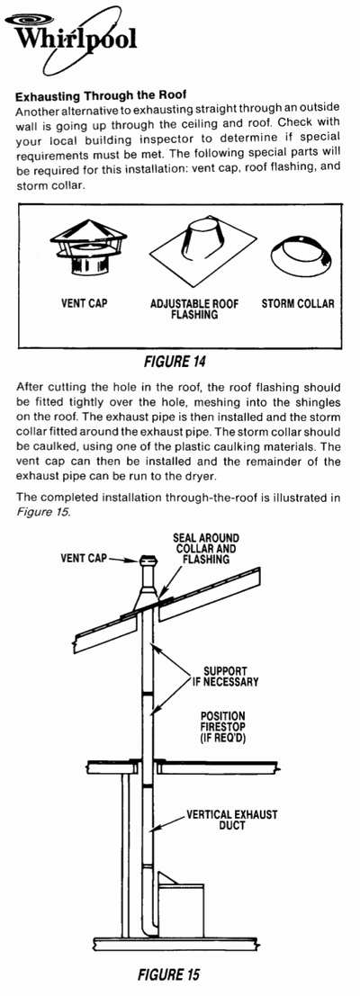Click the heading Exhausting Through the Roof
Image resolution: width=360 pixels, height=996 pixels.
[x=100, y=96]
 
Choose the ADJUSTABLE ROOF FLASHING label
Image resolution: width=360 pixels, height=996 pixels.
[x=195, y=310]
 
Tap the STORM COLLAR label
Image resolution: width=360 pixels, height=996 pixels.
[x=298, y=303]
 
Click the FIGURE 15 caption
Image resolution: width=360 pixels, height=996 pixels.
[x=169, y=974]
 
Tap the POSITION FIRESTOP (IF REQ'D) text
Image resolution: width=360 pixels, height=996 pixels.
[x=223, y=727]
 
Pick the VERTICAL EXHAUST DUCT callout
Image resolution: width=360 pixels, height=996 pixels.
[x=232, y=820]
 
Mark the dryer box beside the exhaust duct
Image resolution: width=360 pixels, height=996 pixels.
[x=180, y=902]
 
